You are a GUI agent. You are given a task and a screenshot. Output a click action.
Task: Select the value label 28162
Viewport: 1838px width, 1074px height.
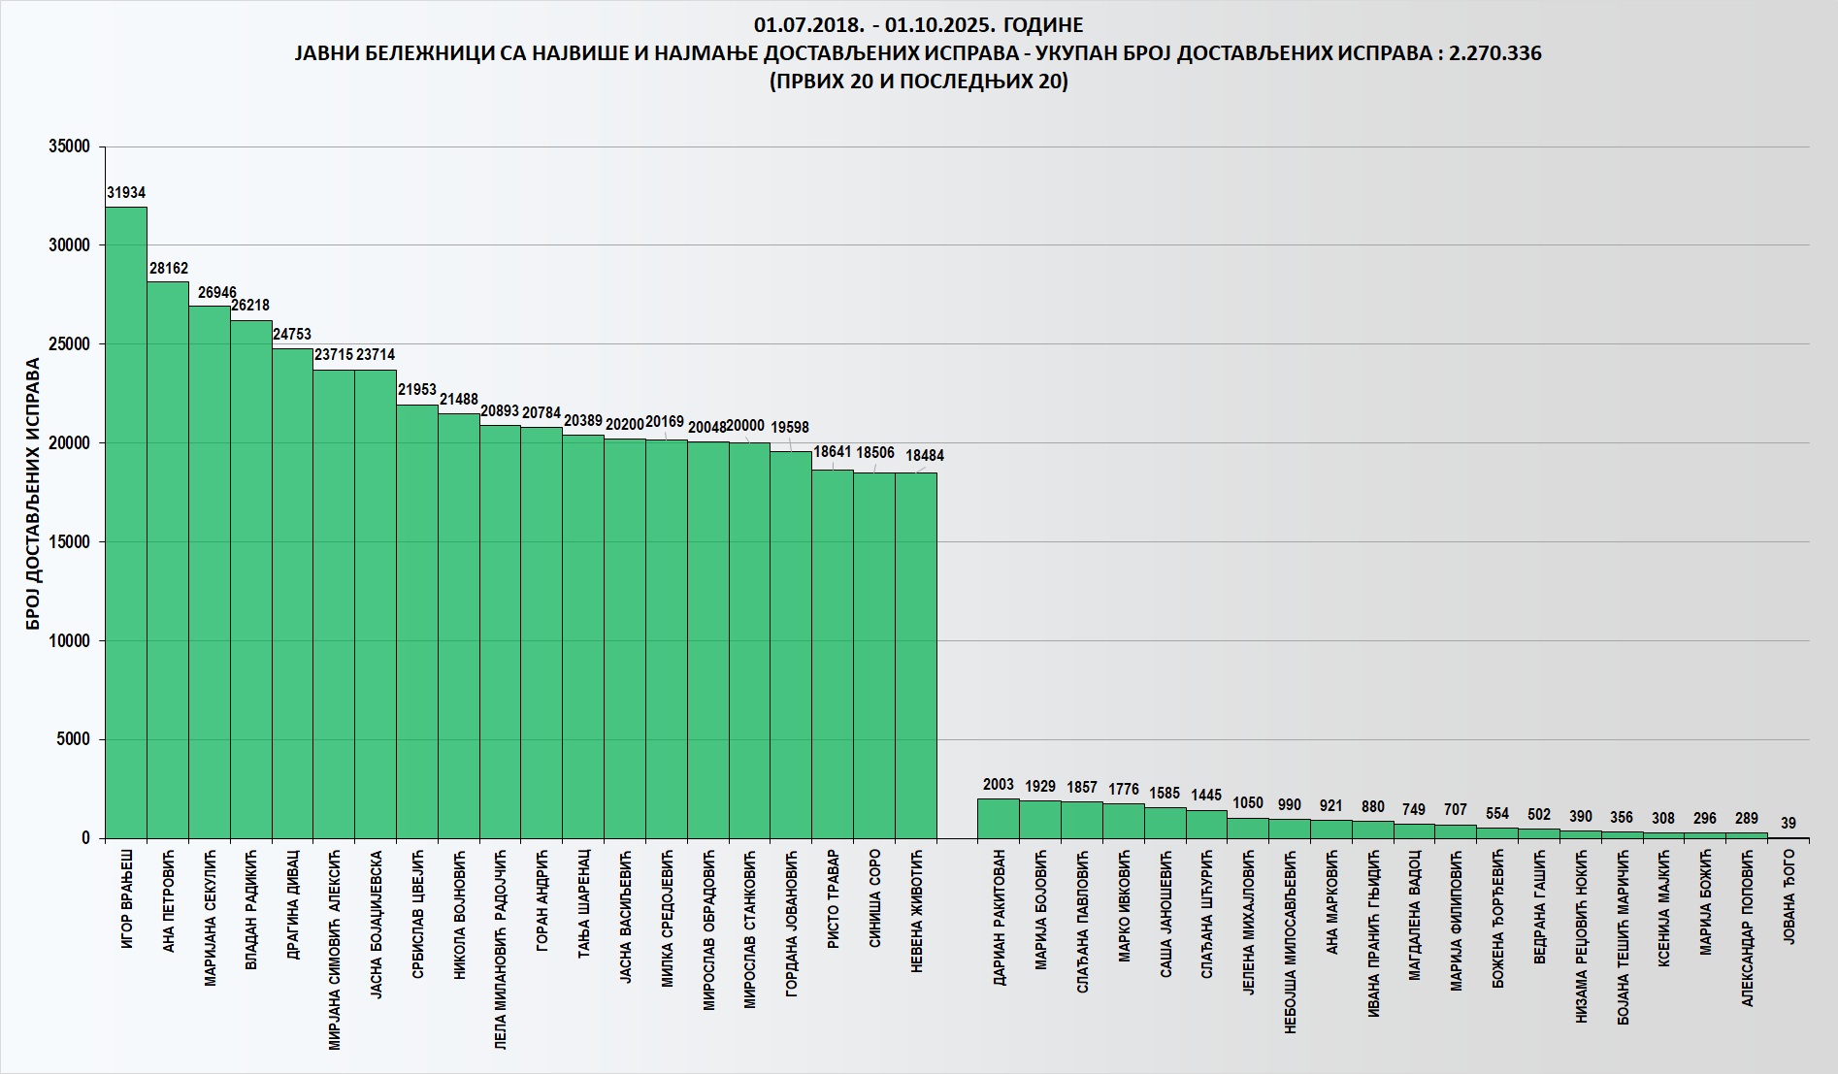pyautogui.click(x=169, y=268)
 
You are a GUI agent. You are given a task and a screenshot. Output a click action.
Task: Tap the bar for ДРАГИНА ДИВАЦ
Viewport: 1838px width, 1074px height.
pyautogui.click(x=292, y=592)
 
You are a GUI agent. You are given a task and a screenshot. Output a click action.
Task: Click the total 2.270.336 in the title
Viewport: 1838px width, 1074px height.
pyautogui.click(x=1494, y=53)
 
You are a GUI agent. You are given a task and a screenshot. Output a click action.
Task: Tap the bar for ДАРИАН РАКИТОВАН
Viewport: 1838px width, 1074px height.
pyautogui.click(x=999, y=818)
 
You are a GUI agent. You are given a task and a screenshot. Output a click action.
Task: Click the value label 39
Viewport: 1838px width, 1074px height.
pyautogui.click(x=1789, y=824)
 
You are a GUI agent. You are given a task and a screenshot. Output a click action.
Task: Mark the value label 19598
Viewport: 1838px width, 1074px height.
pyautogui.click(x=789, y=428)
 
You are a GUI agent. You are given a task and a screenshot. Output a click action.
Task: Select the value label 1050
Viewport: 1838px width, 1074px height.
pyautogui.click(x=1248, y=803)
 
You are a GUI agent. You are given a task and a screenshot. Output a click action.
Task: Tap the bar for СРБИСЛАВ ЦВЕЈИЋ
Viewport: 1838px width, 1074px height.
pyautogui.click(x=417, y=621)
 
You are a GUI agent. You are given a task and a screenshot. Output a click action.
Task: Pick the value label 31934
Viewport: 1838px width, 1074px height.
pyautogui.click(x=126, y=193)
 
